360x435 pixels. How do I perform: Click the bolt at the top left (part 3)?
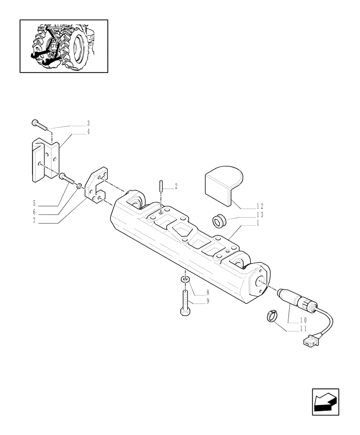coord(40,124)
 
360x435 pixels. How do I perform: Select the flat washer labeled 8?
coord(184,279)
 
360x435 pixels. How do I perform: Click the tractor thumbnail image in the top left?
coord(63,46)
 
